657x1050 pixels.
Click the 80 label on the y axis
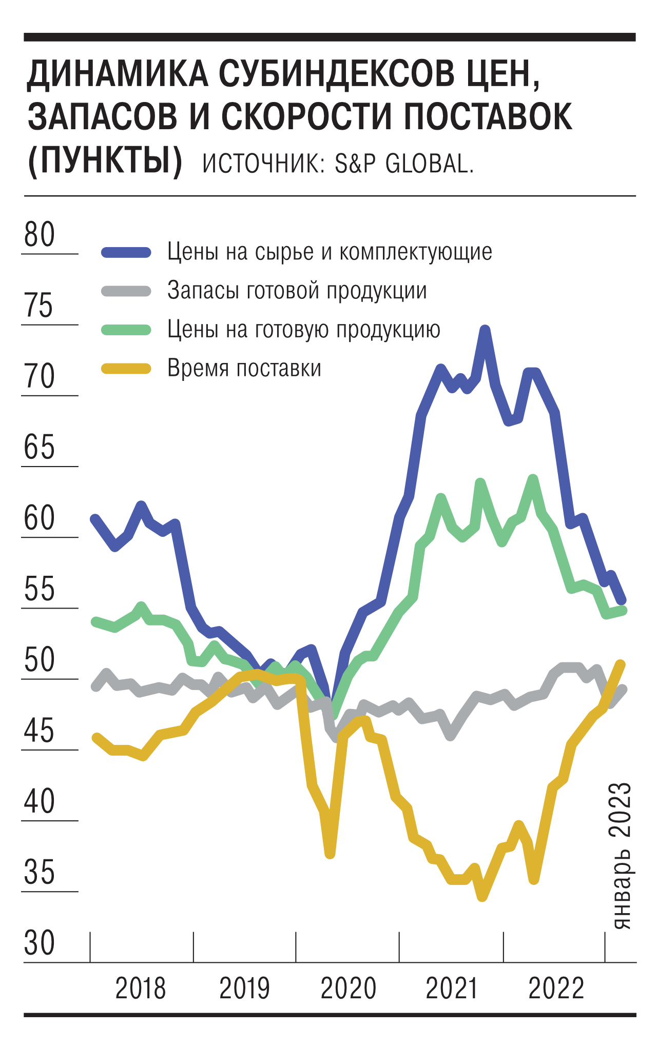click(40, 235)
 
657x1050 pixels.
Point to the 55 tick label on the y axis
click(40, 589)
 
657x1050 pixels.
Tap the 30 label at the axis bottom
click(40, 943)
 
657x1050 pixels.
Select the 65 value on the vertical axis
click(40, 448)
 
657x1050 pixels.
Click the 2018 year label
click(141, 989)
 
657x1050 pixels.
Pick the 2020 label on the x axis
click(349, 989)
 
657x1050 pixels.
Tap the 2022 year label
click(556, 989)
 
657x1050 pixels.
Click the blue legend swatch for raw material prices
click(126, 252)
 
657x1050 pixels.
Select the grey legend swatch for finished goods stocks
click(126, 291)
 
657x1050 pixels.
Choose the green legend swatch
click(126, 330)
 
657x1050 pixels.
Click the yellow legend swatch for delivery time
click(126, 369)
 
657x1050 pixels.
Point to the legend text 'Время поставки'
click(244, 369)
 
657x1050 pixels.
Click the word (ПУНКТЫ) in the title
click(105, 161)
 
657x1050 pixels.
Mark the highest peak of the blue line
click(485, 329)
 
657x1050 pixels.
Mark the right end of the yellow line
click(621, 664)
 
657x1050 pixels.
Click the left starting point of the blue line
click(94, 518)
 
